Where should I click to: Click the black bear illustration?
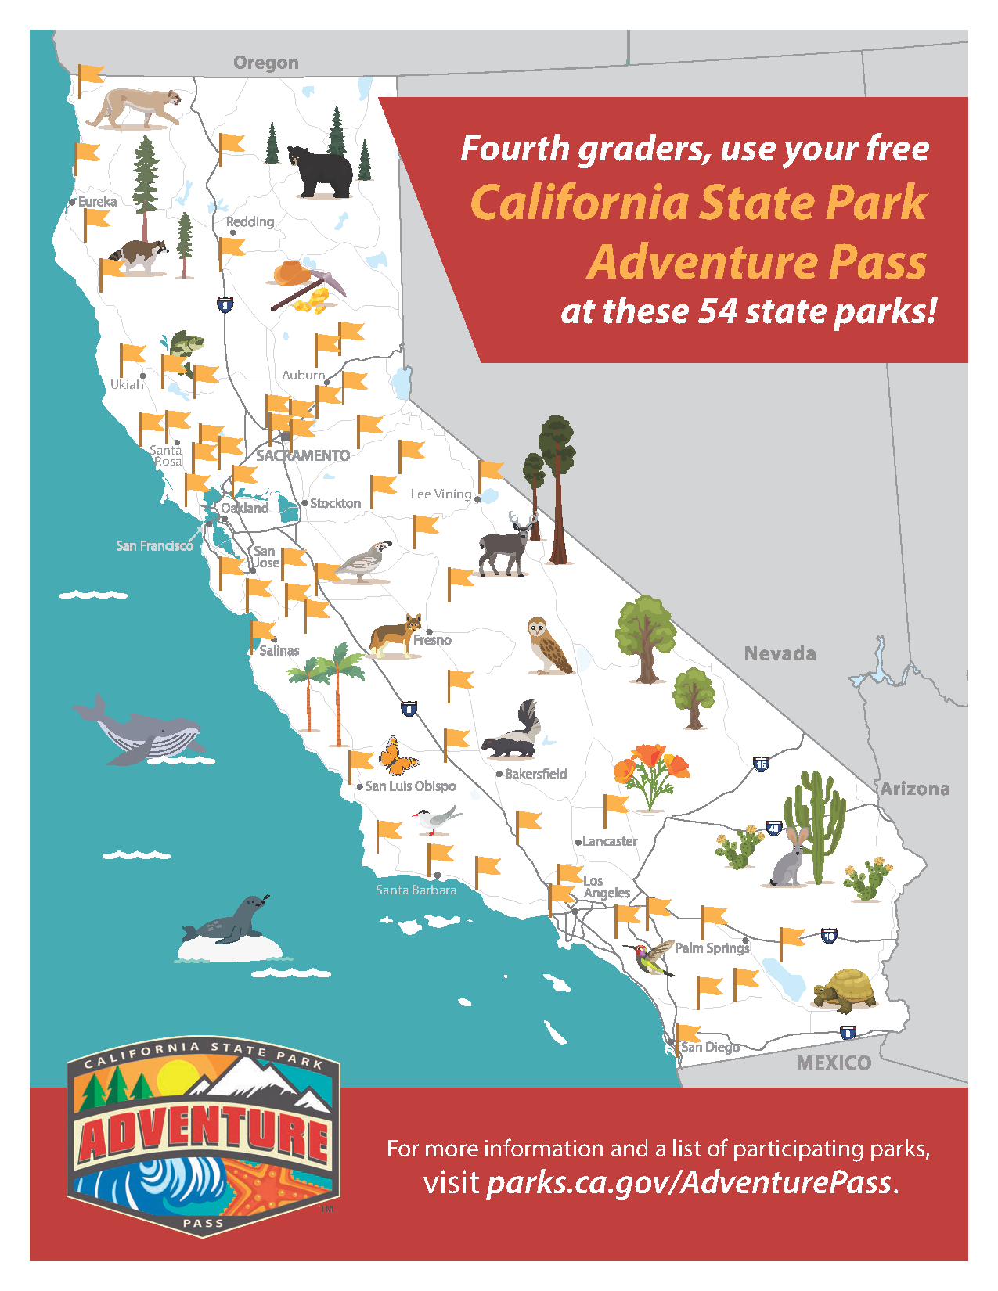321,171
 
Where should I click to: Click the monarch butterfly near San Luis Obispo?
398,756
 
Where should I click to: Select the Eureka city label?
97,202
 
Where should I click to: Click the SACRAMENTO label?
303,455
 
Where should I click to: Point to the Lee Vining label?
441,494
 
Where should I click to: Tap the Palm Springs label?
712,948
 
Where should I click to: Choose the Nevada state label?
780,653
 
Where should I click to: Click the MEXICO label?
834,1063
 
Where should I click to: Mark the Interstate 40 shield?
773,829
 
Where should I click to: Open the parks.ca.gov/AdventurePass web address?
689,1182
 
